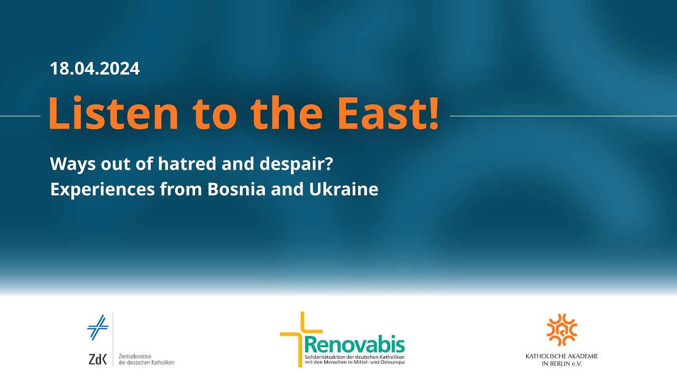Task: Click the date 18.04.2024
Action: (95, 68)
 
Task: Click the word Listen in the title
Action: (113, 113)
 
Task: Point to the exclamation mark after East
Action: (433, 113)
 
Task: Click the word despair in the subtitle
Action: (292, 165)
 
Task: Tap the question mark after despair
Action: (329, 164)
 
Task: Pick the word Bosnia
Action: (236, 189)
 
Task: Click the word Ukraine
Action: (344, 189)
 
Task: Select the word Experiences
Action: (103, 190)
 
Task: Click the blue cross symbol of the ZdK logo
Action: (98, 327)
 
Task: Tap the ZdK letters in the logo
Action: (98, 359)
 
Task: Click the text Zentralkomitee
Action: (135, 357)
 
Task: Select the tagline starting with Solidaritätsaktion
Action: (354, 360)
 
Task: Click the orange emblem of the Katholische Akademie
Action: (562, 330)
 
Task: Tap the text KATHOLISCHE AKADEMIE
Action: (562, 356)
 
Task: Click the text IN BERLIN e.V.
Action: (562, 364)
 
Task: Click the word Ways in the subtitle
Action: (73, 165)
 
